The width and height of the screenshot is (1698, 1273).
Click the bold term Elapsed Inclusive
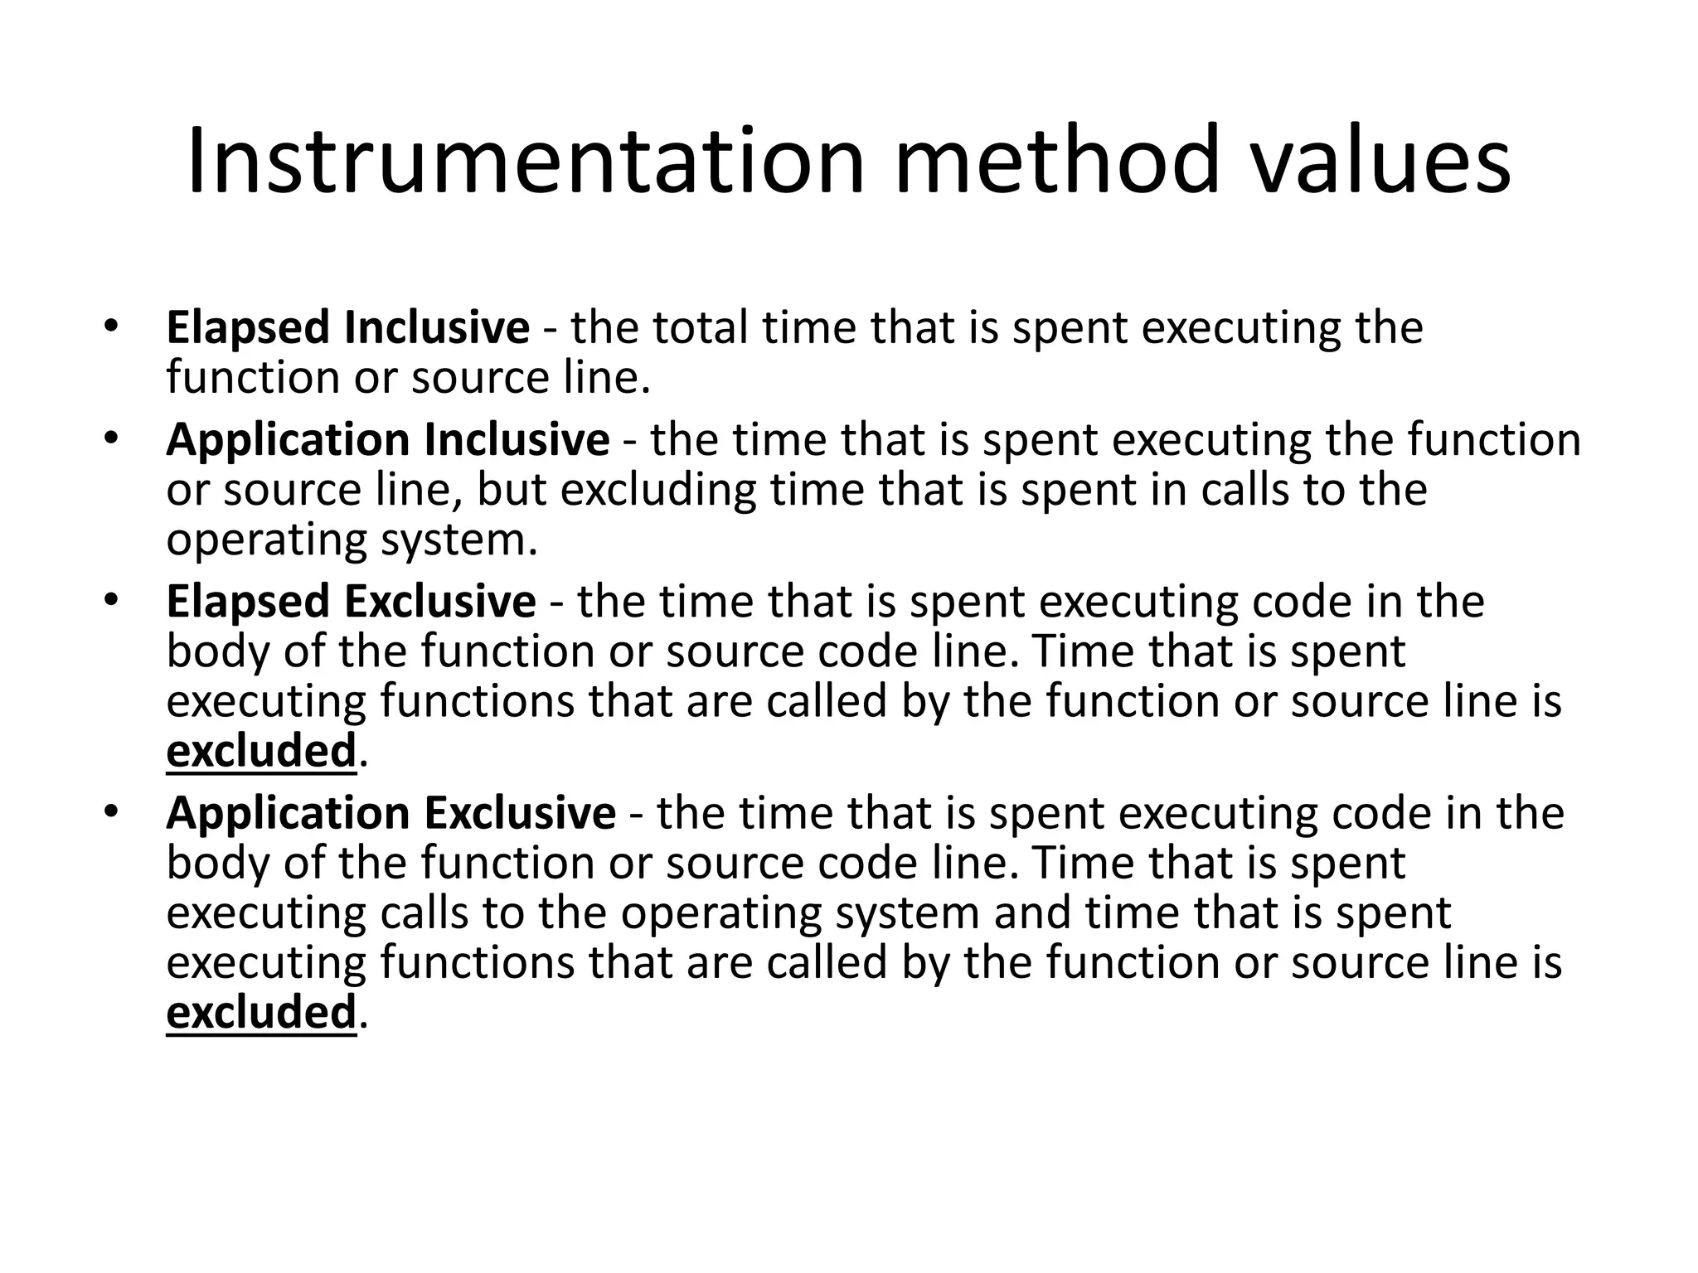click(347, 327)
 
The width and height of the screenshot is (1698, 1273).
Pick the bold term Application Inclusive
click(387, 439)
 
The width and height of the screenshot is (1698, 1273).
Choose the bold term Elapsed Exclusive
click(351, 602)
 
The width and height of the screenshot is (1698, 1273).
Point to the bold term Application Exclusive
click(391, 813)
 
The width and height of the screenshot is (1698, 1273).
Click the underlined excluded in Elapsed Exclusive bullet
click(261, 751)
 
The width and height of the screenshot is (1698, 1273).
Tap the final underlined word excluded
click(261, 1013)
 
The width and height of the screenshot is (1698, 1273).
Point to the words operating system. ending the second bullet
click(352, 540)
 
